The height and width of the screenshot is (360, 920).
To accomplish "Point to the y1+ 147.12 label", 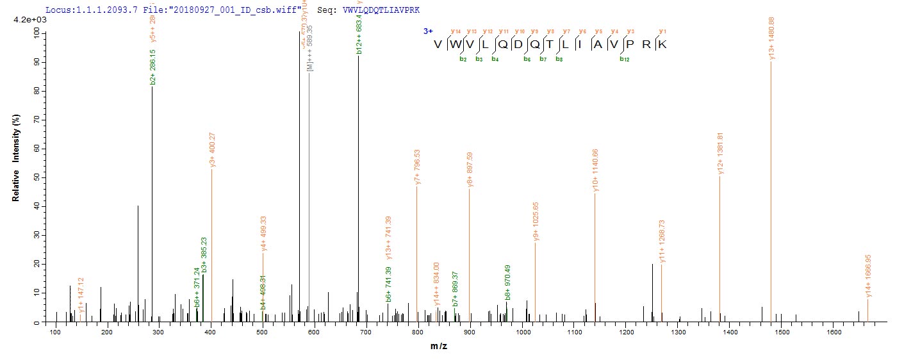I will tap(81, 295).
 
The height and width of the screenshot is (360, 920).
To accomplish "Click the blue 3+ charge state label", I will tap(427, 31).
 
